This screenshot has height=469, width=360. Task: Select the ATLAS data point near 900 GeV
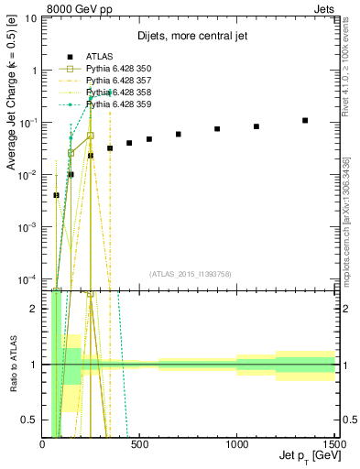pyautogui.click(x=217, y=129)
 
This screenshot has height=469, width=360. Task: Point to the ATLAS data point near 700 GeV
pyautogui.click(x=179, y=134)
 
